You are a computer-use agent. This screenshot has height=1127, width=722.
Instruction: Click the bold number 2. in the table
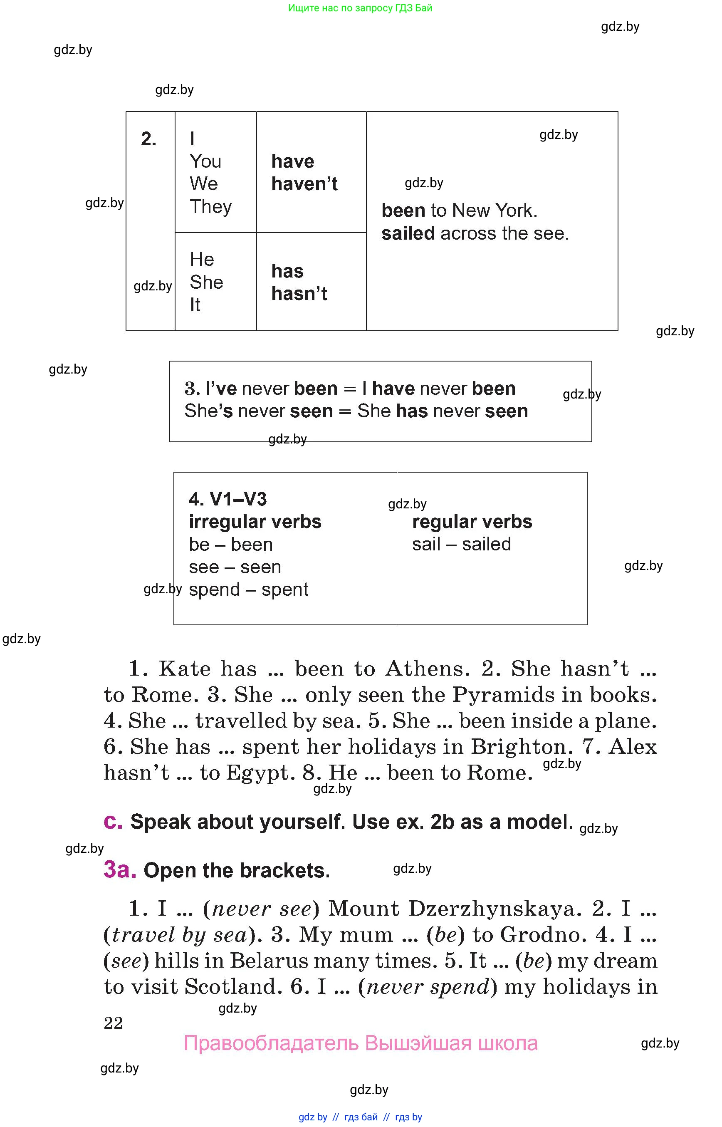pos(148,139)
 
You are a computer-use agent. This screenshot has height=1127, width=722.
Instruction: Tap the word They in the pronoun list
pos(210,207)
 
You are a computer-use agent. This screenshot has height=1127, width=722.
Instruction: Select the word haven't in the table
pos(304,184)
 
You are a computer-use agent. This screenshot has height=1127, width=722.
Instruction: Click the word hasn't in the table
pos(299,294)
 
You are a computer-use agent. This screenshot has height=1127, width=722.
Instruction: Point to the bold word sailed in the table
pos(408,233)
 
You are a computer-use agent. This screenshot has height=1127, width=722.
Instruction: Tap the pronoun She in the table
pos(206,282)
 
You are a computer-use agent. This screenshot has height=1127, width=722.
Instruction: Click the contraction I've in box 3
pos(221,389)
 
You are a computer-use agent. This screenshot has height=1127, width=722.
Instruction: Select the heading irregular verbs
pos(255,522)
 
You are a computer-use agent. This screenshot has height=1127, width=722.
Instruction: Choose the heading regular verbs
pos(472,522)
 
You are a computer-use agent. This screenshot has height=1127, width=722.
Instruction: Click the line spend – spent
pos(248,590)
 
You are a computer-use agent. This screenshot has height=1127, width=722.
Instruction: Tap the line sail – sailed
pos(461,545)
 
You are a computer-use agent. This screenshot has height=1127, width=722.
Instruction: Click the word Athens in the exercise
pos(427,669)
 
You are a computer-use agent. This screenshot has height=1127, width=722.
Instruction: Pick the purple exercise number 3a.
pos(119,869)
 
